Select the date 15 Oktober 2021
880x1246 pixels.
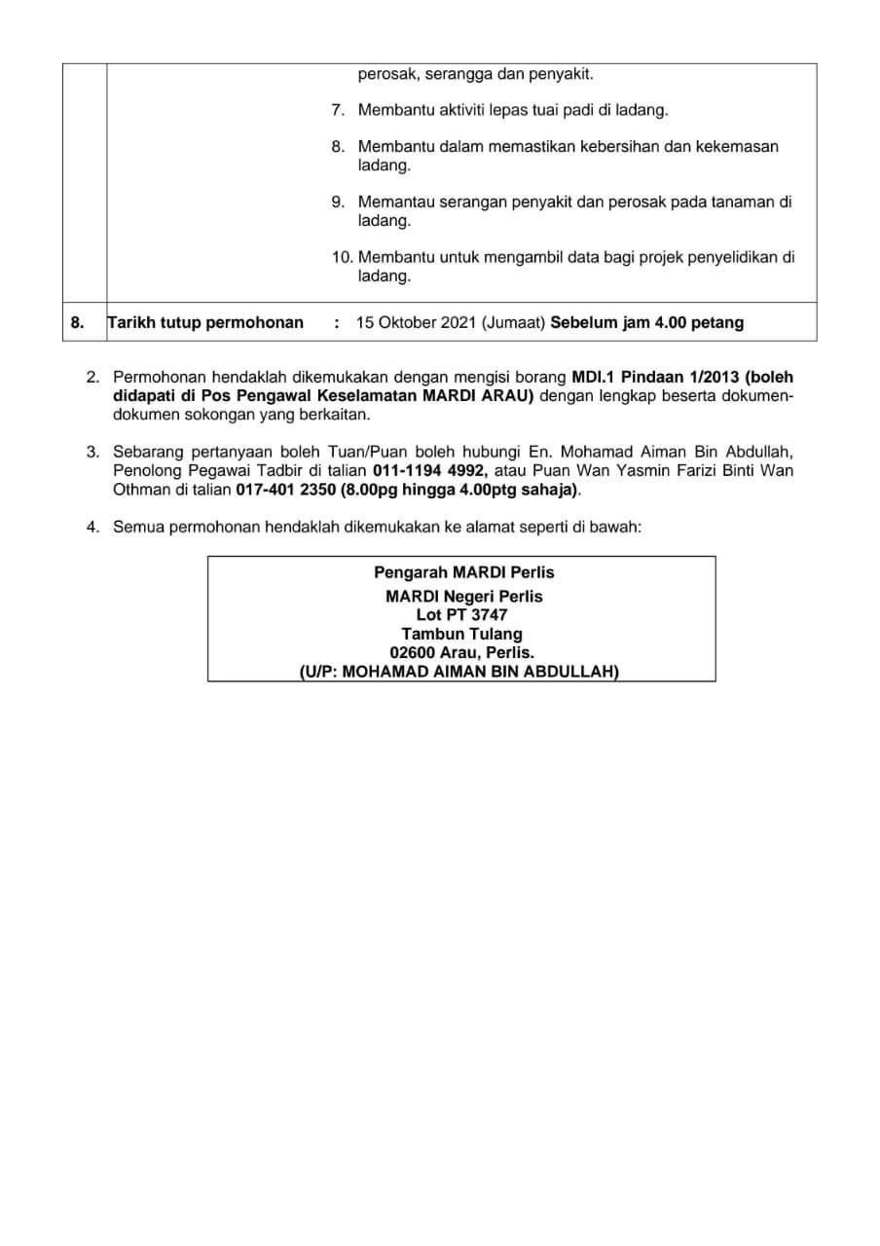coord(416,323)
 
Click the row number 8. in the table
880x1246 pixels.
coord(78,323)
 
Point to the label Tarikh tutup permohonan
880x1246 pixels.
coord(205,323)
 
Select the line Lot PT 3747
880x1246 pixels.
coord(461,615)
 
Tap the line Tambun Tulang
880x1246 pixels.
coord(461,635)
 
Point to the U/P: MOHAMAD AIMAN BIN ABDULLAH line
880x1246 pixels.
coord(459,672)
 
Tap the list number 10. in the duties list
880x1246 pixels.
coord(343,258)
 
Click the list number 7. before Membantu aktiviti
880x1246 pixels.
coord(338,110)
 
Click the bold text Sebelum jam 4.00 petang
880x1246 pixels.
coord(646,323)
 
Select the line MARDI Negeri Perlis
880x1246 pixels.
coord(464,596)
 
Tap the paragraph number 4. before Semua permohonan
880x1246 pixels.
coord(93,527)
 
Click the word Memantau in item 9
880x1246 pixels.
coord(392,202)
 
